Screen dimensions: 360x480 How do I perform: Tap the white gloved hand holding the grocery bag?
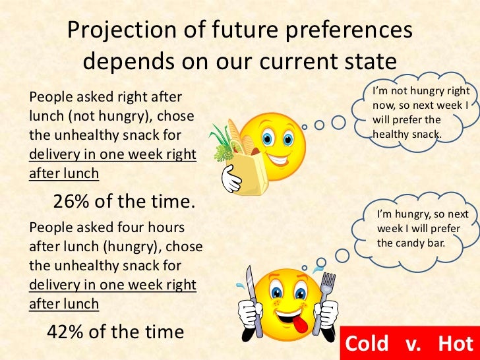click(x=229, y=179)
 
